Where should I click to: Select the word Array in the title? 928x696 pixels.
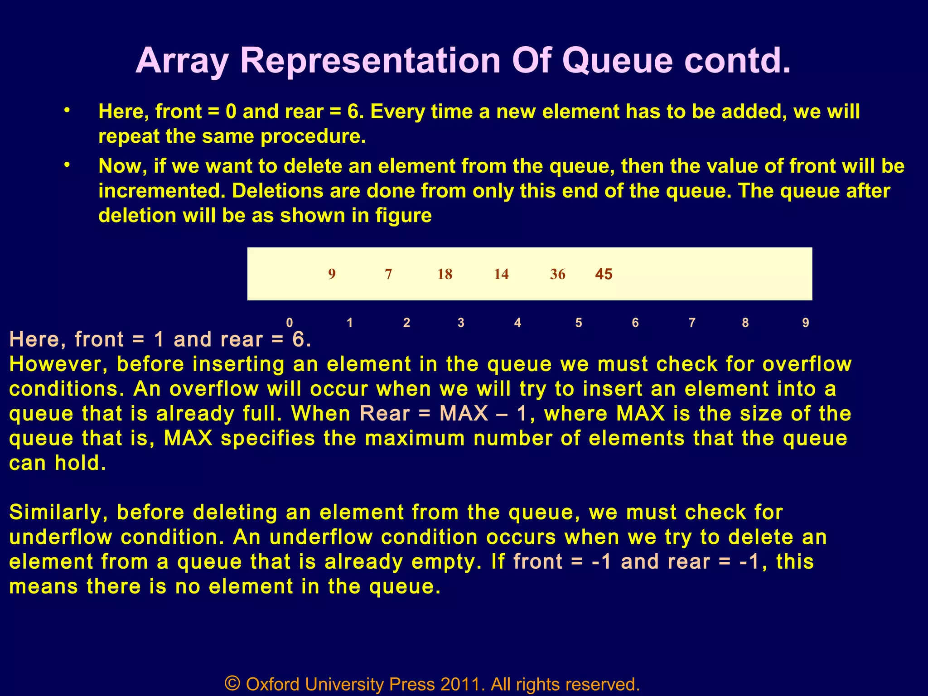[x=182, y=61]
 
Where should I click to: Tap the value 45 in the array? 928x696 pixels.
[x=604, y=274]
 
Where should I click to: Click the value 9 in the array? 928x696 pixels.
[x=332, y=274]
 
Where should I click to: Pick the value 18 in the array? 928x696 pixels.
[x=445, y=274]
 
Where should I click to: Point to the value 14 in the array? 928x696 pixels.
[x=501, y=274]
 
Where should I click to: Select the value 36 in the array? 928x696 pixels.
[x=557, y=274]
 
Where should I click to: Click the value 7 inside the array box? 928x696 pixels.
[x=388, y=274]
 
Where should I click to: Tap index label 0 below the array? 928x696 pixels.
[x=290, y=323]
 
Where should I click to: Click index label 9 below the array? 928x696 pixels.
[x=805, y=323]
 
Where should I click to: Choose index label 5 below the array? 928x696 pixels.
[x=579, y=323]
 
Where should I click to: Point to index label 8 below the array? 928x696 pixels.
[x=745, y=323]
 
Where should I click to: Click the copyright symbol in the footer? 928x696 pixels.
[x=232, y=683]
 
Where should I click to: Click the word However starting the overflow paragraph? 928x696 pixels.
[x=58, y=364]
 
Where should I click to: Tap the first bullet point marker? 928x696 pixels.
[x=67, y=110]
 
